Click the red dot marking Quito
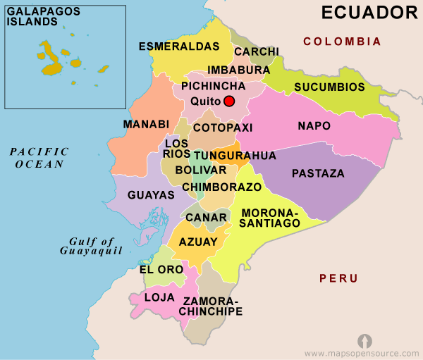pos(228,101)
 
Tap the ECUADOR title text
pos(369,12)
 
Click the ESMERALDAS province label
pos(180,46)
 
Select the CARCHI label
pos(257,52)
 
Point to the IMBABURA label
pos(239,70)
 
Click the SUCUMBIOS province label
pos(330,87)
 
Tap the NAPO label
pos(314,126)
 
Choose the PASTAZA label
pos(318,173)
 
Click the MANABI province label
pos(147,125)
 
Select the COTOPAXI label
pos(223,128)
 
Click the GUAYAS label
pos(151,195)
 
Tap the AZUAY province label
pos(198,242)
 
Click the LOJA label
pos(159,297)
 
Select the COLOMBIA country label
pos(342,42)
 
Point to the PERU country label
pos(338,278)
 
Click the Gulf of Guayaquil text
pos(92,246)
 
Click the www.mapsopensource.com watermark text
pos(362,352)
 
